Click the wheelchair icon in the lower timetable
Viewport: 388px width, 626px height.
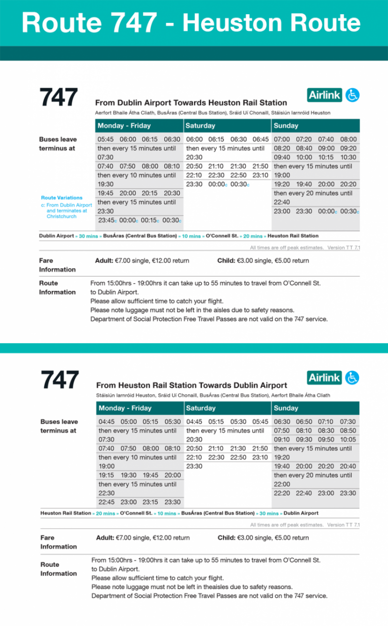352,378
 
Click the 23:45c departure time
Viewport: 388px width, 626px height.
107,221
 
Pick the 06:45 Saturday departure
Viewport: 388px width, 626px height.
260,139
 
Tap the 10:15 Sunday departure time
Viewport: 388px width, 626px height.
326,157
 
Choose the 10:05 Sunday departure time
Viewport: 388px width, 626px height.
348,440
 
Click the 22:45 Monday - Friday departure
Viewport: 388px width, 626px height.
107,502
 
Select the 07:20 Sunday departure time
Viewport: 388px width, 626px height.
304,139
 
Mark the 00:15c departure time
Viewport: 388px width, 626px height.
150,221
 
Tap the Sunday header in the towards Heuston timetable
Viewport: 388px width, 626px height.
286,126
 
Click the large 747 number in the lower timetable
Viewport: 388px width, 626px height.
60,380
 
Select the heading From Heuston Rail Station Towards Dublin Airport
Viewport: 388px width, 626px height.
192,385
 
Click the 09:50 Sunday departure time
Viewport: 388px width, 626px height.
326,440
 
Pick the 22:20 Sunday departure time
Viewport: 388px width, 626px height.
282,493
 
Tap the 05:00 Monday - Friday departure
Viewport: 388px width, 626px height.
129,422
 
